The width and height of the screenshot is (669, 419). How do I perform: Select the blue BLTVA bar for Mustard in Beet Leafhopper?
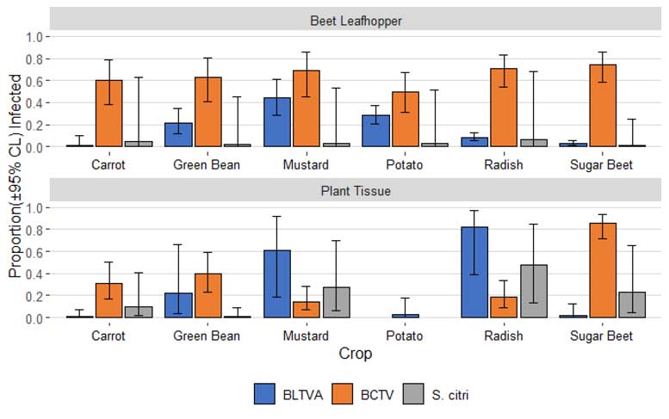point(276,122)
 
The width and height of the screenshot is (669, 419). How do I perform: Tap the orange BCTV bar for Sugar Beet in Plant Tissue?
point(603,270)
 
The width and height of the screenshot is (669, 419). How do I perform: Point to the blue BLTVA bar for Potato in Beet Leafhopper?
point(375,131)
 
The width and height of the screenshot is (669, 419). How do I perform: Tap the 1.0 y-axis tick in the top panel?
point(34,37)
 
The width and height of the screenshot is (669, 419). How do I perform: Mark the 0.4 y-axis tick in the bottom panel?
point(34,274)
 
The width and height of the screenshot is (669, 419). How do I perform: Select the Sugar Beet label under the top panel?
point(602,164)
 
